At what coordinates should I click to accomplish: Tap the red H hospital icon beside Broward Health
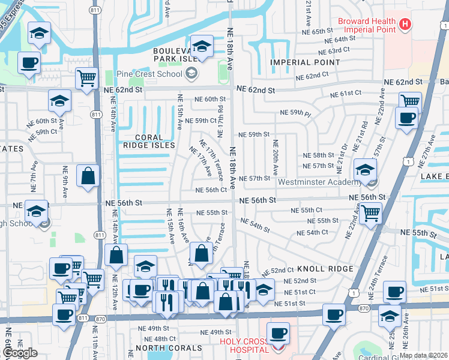406,24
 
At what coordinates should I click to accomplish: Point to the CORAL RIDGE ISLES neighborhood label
147,140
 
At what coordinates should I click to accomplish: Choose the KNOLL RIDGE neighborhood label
325,269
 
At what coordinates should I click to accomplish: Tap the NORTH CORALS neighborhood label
169,348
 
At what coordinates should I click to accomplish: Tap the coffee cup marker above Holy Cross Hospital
277,332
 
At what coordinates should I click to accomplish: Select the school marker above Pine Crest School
202,46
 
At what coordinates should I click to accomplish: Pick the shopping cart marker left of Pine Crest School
87,77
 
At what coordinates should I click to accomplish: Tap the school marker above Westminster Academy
365,169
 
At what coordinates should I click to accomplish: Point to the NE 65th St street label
330,31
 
